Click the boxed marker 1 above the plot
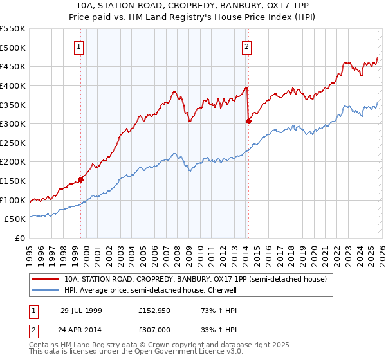(x=78, y=46)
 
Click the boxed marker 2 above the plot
(x=247, y=46)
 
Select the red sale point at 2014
(x=248, y=120)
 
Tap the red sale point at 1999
(x=81, y=179)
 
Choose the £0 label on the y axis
(x=21, y=239)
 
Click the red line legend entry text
(x=195, y=280)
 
